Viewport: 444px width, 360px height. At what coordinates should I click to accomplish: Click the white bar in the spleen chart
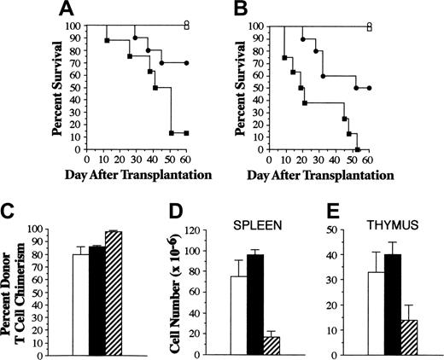(x=238, y=315)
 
